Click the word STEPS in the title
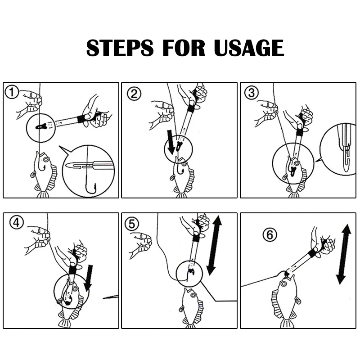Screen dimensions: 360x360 pyautogui.click(x=120, y=48)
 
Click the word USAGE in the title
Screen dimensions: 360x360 pyautogui.click(x=249, y=48)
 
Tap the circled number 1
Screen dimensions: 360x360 pyautogui.click(x=11, y=92)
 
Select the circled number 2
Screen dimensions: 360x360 pyautogui.click(x=134, y=94)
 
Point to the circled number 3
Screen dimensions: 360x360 pyautogui.click(x=252, y=93)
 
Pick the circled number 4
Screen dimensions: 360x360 pyautogui.click(x=17, y=222)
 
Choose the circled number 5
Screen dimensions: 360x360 pyautogui.click(x=132, y=224)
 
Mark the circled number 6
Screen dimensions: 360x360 pyautogui.click(x=270, y=234)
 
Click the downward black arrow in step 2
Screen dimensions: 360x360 pyautogui.click(x=171, y=142)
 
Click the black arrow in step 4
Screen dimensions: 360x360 pyautogui.click(x=89, y=278)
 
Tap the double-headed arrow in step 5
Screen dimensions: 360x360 pyautogui.click(x=214, y=245)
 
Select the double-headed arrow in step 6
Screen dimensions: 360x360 pyautogui.click(x=344, y=254)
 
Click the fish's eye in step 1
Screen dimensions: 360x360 pyautogui.click(x=46, y=159)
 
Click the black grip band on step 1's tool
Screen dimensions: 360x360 pyautogui.click(x=81, y=118)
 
